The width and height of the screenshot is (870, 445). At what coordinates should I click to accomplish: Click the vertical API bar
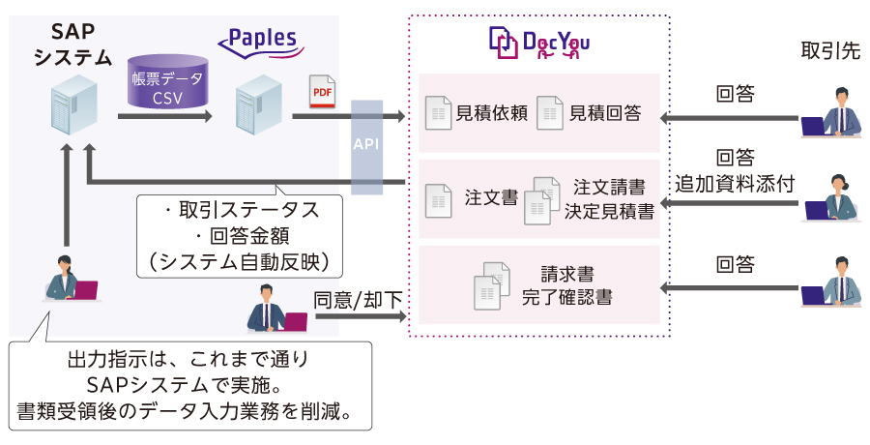click(x=365, y=145)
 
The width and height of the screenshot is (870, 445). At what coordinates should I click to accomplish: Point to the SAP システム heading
click(x=72, y=43)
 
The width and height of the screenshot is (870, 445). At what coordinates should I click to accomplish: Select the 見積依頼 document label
click(x=491, y=113)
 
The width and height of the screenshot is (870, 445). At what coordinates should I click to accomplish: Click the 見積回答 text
click(x=605, y=113)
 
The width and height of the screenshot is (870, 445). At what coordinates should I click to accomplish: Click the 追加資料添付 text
click(x=735, y=184)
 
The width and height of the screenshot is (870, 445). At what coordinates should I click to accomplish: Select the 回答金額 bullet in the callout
click(x=240, y=234)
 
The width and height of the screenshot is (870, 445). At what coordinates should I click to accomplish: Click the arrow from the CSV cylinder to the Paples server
click(x=163, y=117)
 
